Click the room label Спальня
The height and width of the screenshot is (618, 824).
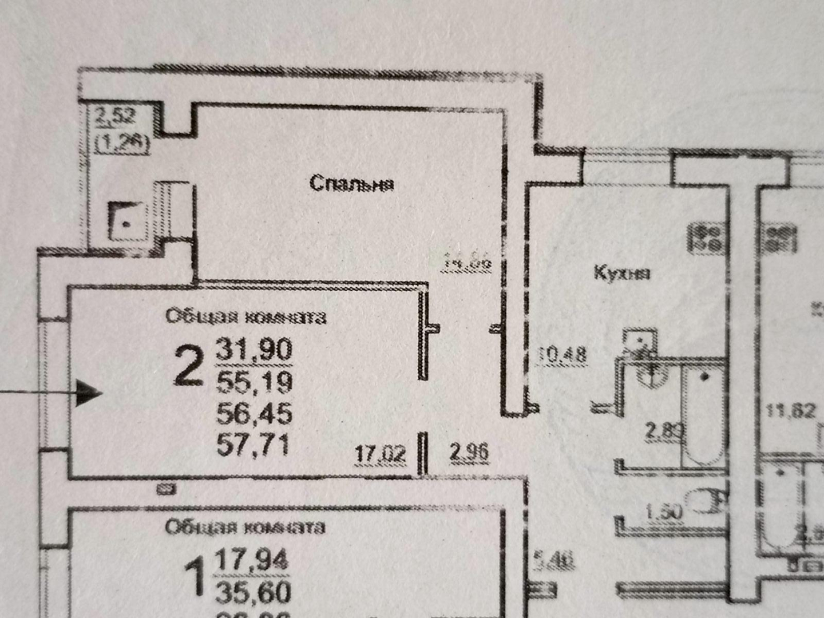351,184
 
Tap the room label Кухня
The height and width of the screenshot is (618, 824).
622,273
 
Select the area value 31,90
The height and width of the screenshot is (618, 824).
254,349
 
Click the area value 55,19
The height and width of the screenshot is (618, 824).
254,382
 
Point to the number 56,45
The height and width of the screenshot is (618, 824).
254,413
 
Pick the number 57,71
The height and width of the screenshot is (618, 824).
253,445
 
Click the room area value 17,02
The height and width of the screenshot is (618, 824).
380,454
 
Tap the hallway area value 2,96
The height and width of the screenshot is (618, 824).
469,453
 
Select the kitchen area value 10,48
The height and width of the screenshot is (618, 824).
562,355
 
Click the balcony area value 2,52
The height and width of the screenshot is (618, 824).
115,117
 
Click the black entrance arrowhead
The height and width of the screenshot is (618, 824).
88,393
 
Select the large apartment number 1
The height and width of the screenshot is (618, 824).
196,577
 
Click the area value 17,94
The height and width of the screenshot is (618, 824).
252,560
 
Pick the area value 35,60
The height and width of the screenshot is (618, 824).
253,592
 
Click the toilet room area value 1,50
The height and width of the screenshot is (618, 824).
664,511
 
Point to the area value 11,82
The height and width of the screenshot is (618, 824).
790,410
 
